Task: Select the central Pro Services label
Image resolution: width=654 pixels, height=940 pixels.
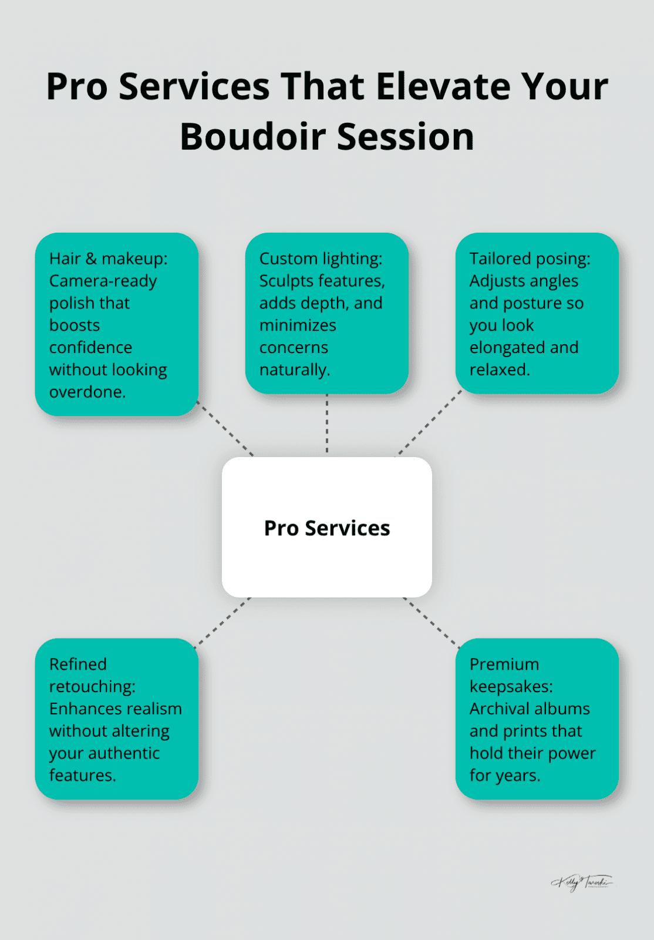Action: click(x=327, y=528)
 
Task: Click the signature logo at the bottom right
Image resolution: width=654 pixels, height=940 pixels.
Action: click(x=581, y=882)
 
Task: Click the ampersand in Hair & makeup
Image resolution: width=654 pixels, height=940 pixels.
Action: click(x=91, y=258)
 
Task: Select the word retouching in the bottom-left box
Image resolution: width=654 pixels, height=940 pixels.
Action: click(x=92, y=686)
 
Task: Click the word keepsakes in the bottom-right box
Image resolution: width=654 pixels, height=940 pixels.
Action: click(x=510, y=686)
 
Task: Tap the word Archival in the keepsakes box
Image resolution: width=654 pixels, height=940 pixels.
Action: click(x=498, y=709)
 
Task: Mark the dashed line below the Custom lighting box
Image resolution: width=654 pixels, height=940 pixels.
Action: click(x=327, y=424)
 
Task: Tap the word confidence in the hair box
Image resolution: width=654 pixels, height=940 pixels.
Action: click(x=90, y=348)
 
